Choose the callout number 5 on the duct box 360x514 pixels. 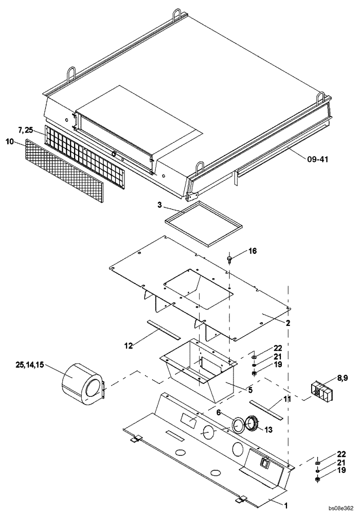coord(250,391)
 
